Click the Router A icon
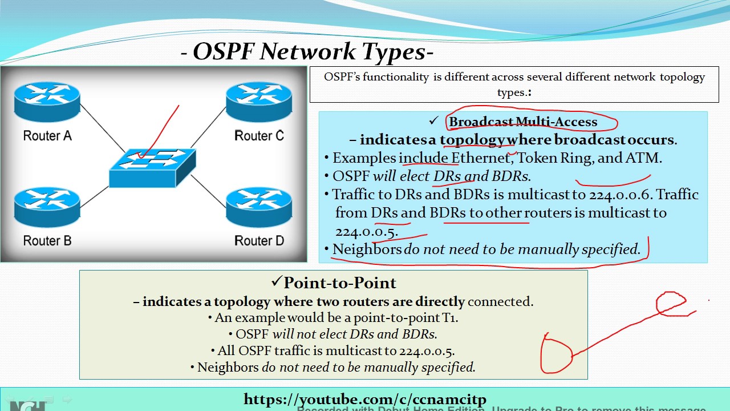47,101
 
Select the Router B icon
47,206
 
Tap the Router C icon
258,101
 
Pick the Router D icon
258,206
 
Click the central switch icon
152,166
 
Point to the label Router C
259,136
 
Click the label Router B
47,240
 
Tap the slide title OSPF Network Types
308,52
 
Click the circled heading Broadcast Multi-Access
523,122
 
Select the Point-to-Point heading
339,283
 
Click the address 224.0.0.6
620,194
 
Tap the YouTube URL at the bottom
364,399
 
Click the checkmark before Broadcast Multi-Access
434,121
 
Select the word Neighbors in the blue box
367,249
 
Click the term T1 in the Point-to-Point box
450,318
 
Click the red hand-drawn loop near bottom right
556,354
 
